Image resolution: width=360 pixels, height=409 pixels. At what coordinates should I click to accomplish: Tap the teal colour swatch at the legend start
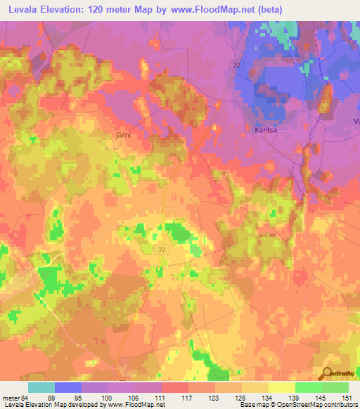(x=41, y=387)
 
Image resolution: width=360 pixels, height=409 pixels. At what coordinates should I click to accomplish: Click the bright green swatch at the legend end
(x=335, y=387)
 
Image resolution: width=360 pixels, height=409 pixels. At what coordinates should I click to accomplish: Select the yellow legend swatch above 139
(x=281, y=387)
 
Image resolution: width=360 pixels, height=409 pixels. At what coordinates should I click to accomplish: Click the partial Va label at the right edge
(x=356, y=122)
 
